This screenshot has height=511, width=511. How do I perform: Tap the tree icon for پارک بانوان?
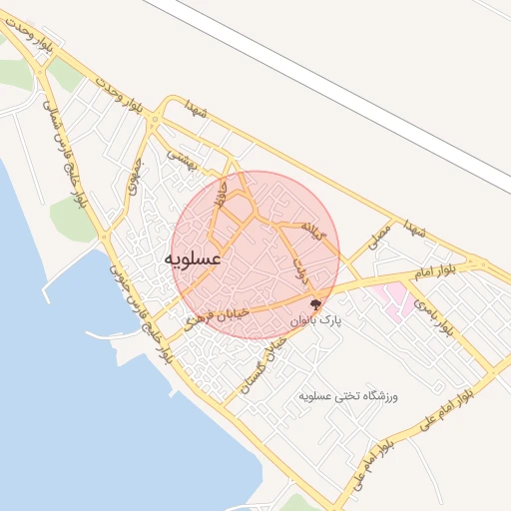tap(316, 305)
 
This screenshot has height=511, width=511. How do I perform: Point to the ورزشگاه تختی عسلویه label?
tap(348, 397)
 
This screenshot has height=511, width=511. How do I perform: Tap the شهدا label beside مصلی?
tap(414, 230)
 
